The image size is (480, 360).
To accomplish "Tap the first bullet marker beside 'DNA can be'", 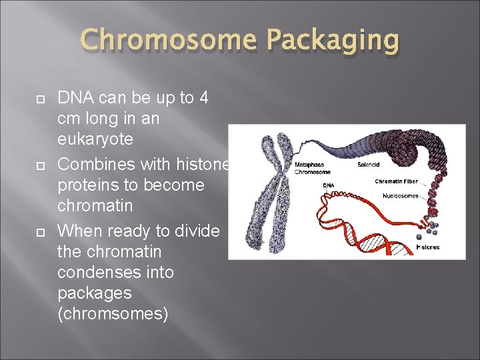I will click(39, 98).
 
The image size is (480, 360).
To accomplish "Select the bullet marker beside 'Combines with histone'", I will click(39, 165).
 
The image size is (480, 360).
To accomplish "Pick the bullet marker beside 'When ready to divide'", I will click(39, 231).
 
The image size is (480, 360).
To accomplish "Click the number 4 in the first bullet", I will click(203, 97).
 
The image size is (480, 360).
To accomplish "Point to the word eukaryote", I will click(95, 139).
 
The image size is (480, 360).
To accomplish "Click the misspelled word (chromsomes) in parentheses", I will click(113, 314).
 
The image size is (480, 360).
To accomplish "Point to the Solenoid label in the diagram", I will click(369, 165).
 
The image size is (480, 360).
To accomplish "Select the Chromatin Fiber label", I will click(396, 181).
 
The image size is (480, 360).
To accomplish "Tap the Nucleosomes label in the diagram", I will click(401, 195).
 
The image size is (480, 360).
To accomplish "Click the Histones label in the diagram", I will click(427, 247).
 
